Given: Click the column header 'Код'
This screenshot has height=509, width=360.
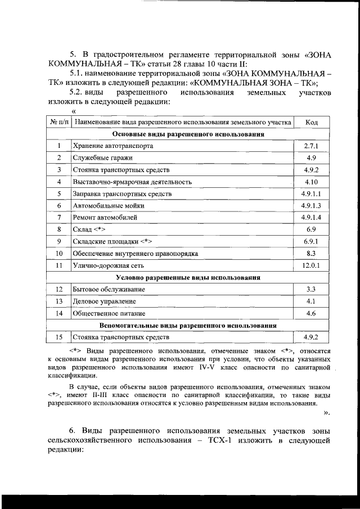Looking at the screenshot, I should [x=311, y=121].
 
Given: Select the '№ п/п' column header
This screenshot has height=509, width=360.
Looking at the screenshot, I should [x=58, y=121].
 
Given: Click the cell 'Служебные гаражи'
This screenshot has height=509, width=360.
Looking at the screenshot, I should [x=101, y=157].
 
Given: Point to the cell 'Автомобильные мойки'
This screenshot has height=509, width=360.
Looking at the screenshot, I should [x=109, y=205].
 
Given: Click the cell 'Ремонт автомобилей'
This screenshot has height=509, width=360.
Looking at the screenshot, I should [x=105, y=217].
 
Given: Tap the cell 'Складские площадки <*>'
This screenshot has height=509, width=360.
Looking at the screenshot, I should [x=113, y=241].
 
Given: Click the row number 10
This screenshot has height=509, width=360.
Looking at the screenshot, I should [x=58, y=253].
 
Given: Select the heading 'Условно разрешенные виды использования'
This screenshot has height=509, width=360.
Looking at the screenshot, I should [x=188, y=277].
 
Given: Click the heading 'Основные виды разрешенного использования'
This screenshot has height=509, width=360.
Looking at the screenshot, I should [x=188, y=134].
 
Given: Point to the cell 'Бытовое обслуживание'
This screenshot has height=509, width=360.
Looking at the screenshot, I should [x=109, y=289].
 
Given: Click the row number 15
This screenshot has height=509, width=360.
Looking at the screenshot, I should [x=58, y=337].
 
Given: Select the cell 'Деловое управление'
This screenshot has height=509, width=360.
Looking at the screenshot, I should [x=104, y=301].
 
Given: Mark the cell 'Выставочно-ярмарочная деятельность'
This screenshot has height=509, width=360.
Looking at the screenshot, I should [x=132, y=182].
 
